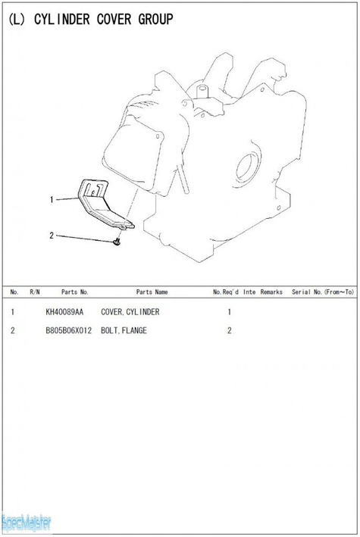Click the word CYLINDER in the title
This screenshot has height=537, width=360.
[x=62, y=19]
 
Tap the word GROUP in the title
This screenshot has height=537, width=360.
[x=155, y=19]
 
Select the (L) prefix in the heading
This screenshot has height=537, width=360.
[x=17, y=20]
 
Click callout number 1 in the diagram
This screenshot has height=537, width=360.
[x=52, y=199]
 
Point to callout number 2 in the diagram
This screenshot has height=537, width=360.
[x=52, y=236]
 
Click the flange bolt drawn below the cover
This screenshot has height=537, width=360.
[x=117, y=242]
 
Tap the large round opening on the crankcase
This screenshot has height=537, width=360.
[x=246, y=167]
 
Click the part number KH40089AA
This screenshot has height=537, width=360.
[x=64, y=312]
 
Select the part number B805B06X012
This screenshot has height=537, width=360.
[x=68, y=330]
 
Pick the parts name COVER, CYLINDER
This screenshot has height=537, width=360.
[x=130, y=312]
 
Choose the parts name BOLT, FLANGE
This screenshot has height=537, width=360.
[x=124, y=330]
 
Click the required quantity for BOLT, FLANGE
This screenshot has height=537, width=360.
[x=230, y=330]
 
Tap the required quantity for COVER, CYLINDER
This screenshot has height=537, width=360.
[x=230, y=312]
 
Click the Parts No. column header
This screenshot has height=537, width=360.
[x=75, y=292]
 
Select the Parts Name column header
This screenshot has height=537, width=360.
[x=152, y=292]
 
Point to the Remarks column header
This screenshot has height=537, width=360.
[x=271, y=292]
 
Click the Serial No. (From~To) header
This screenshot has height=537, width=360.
[x=323, y=292]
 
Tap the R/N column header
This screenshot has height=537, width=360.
[x=35, y=292]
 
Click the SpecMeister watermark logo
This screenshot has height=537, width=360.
[x=27, y=523]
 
